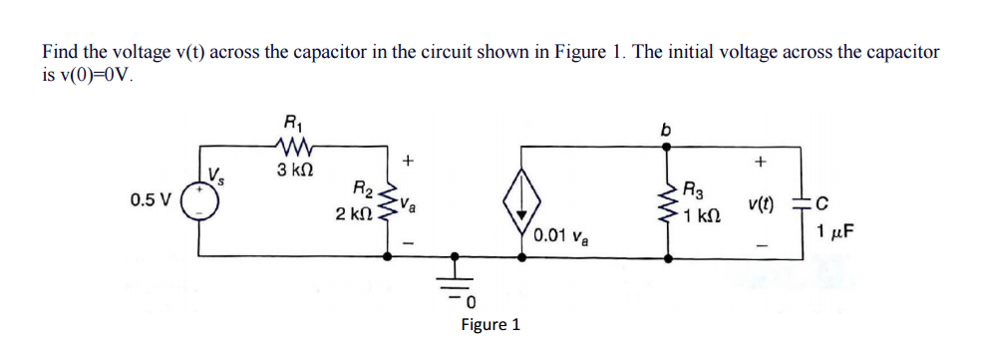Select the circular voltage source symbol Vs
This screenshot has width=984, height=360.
[207, 198]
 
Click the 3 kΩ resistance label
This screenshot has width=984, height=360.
[292, 171]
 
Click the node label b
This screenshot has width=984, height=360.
[664, 129]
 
